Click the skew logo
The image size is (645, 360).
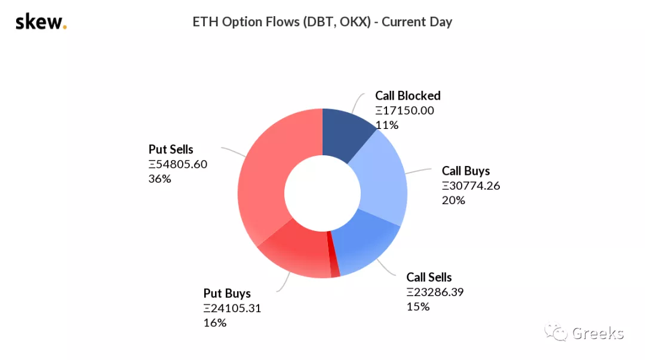41,22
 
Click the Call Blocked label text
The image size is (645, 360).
408,96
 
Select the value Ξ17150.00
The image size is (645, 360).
404,110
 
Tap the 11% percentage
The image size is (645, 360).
386,125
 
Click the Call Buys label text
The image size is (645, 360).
466,171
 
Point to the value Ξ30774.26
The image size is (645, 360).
471,186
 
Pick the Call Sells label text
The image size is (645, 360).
429,277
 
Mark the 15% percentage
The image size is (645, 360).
418,306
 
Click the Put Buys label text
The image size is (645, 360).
227,293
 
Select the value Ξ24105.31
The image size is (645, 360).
232,308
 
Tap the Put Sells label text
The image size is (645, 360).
171,149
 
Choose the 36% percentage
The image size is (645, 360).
159,179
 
